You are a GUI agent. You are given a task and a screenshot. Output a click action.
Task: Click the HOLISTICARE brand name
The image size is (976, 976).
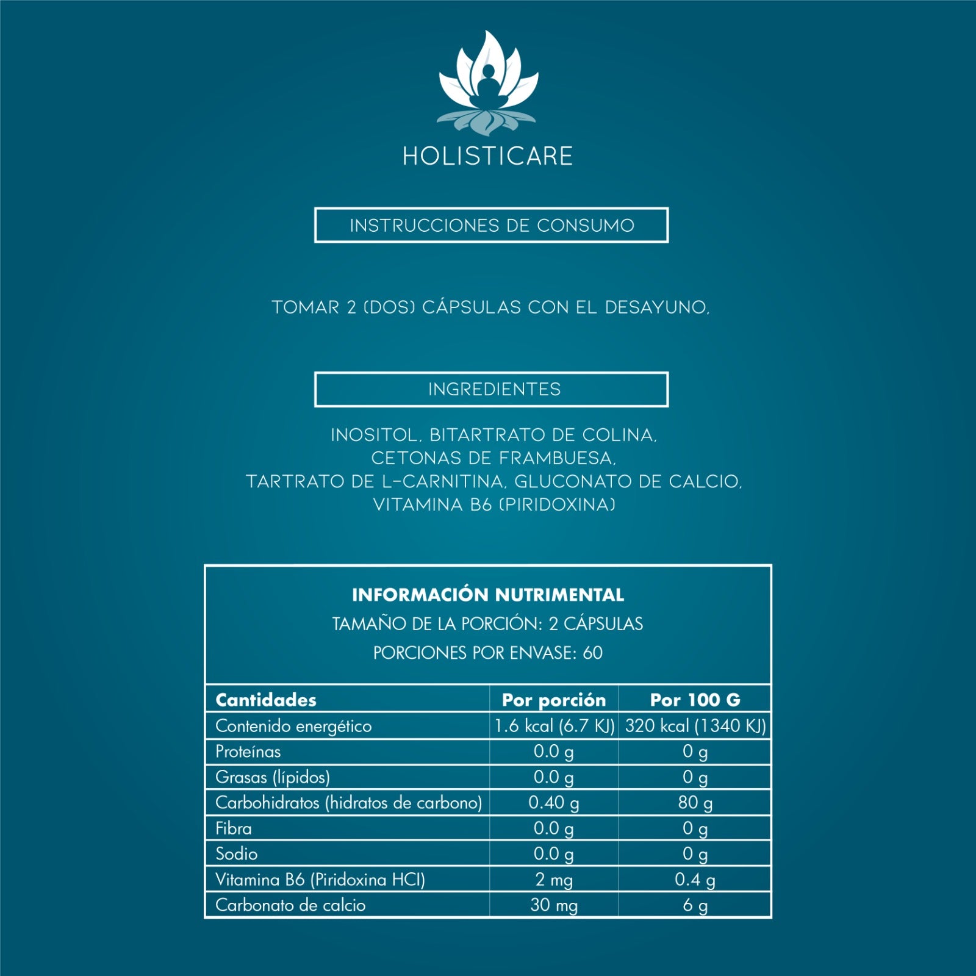tap(488, 156)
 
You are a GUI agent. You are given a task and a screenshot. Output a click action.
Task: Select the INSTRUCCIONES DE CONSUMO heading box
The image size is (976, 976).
tap(492, 225)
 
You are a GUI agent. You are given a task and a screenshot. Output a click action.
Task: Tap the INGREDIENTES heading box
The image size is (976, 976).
tap(492, 389)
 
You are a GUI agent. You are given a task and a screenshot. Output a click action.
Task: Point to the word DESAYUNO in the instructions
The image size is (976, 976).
tap(657, 307)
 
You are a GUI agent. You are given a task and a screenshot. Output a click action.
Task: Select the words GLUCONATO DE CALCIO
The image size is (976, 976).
tap(628, 482)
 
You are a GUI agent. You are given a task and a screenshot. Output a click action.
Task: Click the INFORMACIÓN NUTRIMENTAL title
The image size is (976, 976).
tap(488, 595)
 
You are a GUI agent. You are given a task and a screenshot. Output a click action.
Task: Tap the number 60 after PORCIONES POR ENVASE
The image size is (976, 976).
tap(593, 653)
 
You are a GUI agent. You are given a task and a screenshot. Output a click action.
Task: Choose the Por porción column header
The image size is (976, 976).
tap(554, 700)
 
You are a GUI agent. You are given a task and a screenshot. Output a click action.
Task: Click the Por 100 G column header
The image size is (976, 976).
tap(695, 700)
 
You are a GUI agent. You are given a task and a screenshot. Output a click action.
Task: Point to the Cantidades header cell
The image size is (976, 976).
tap(266, 700)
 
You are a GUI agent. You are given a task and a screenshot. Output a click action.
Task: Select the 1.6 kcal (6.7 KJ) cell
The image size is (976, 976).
tap(554, 726)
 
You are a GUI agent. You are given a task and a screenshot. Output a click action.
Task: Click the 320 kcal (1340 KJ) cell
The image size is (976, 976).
tap(695, 726)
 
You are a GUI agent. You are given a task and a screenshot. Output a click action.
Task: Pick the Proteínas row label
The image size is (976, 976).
tap(248, 752)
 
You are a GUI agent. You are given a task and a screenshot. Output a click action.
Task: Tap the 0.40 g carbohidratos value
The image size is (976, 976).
tap(554, 803)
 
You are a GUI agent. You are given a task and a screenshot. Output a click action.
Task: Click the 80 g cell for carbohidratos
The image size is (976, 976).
tap(695, 803)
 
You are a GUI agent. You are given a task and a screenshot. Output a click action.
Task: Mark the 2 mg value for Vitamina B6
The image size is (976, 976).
tap(554, 880)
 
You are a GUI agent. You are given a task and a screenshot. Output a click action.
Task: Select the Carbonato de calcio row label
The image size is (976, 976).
tap(290, 905)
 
